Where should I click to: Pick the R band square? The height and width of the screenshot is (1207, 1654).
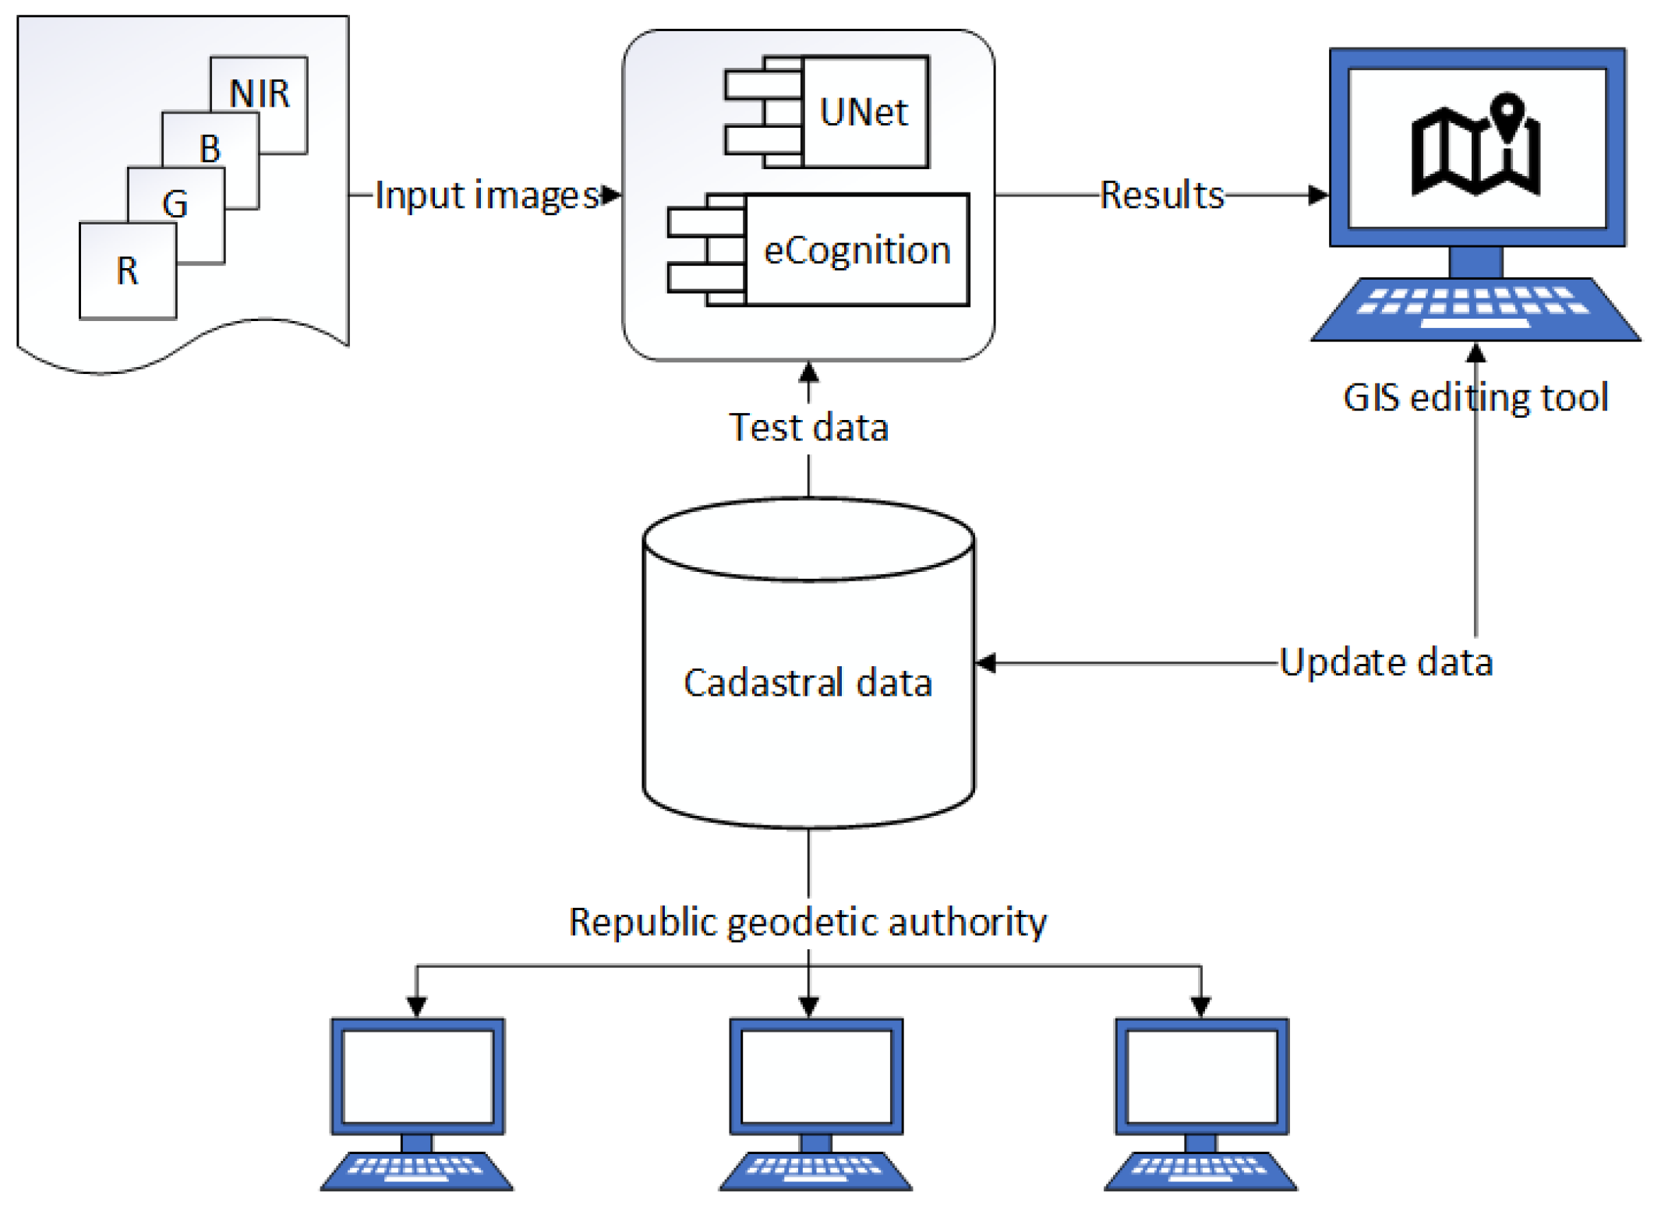pos(128,271)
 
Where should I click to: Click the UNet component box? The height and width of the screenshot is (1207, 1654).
pos(864,112)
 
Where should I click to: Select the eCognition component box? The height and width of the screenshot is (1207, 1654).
pos(857,250)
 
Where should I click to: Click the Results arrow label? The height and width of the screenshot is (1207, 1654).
pos(1161,195)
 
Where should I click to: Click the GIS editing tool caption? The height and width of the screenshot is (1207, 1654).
pos(1475,397)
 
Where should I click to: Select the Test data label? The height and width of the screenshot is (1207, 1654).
pos(808,428)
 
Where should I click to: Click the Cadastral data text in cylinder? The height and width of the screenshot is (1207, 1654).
pos(808,683)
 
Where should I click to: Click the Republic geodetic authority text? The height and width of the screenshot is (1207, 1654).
pos(808,922)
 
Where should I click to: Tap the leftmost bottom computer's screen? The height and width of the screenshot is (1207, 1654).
pos(418,1076)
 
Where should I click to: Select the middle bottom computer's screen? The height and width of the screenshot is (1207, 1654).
pos(816,1076)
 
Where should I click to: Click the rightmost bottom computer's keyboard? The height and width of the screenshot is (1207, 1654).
pos(1200,1168)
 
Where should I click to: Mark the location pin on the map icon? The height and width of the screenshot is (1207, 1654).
pos(1509,113)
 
